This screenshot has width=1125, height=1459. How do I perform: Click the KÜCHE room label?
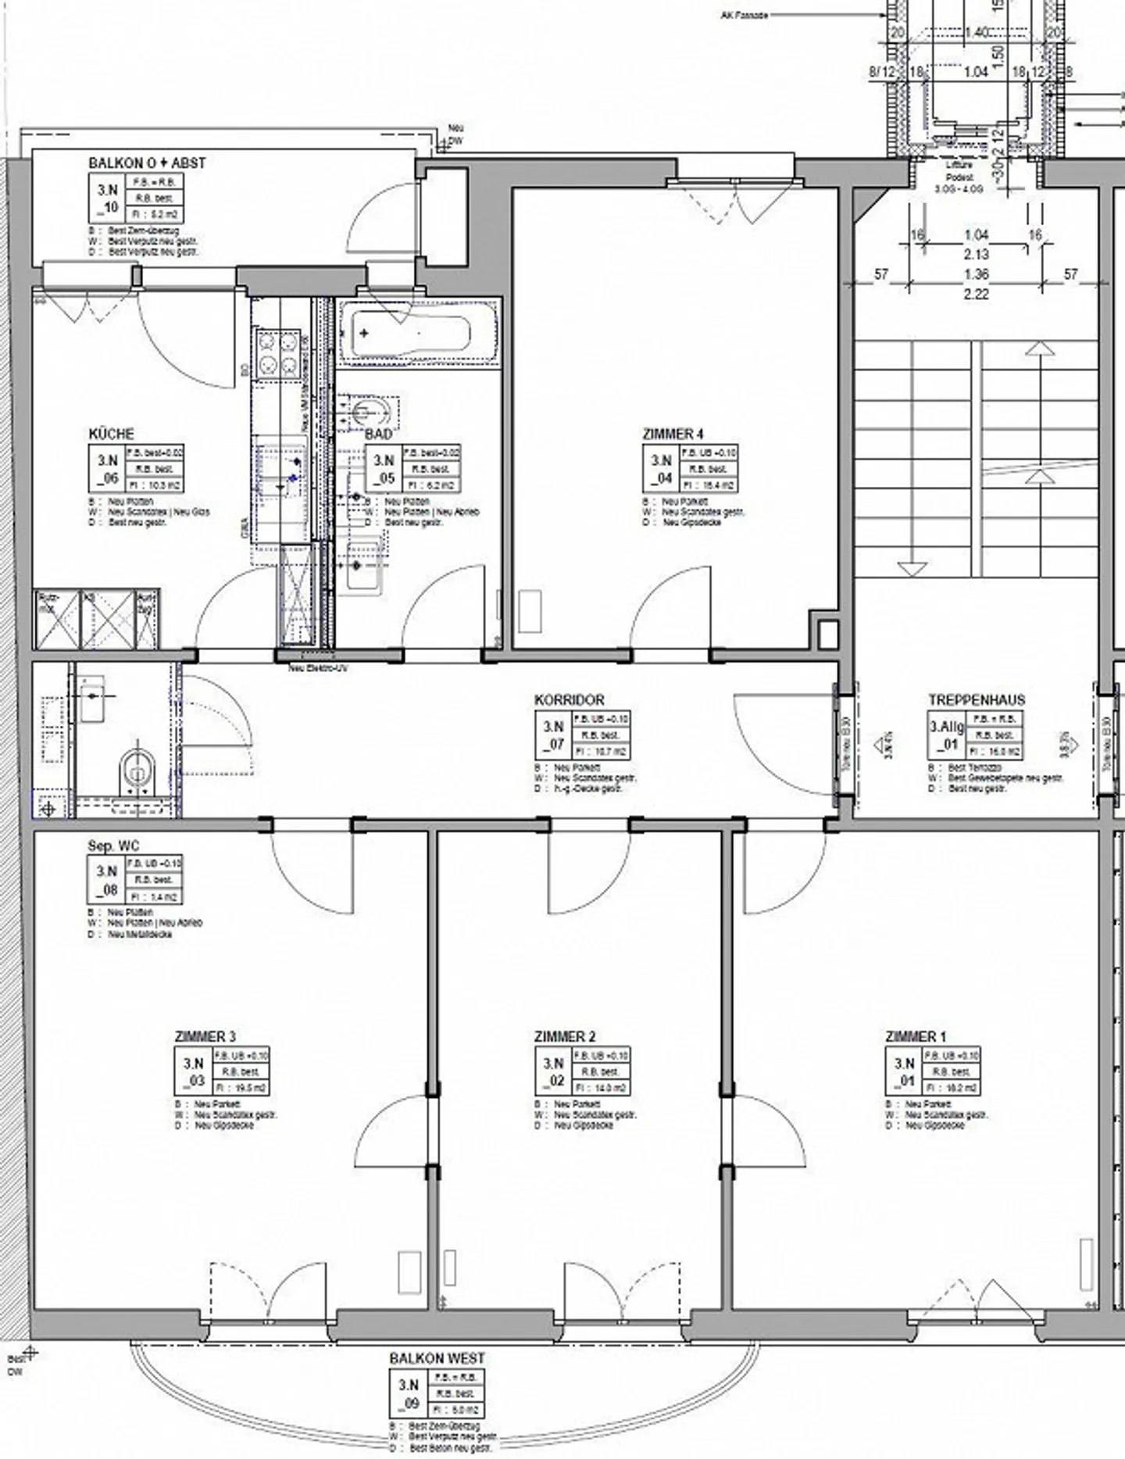[111, 434]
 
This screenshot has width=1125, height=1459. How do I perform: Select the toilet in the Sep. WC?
[138, 770]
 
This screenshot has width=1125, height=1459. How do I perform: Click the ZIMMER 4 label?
[673, 434]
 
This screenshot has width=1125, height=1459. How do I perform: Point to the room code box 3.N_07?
[553, 735]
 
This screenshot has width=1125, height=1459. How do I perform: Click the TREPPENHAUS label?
[976, 700]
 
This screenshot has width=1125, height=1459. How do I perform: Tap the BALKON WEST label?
[437, 1358]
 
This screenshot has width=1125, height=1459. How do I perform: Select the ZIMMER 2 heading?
[564, 1036]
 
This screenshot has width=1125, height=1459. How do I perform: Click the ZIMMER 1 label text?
[915, 1036]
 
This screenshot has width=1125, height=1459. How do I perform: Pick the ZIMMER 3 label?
[205, 1036]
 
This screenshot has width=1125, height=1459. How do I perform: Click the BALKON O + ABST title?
[147, 163]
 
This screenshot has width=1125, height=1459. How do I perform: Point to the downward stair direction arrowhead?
[912, 568]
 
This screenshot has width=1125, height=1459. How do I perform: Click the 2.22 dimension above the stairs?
[976, 295]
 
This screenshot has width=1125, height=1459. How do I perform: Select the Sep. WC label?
[113, 846]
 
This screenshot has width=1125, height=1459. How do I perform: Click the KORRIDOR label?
[569, 700]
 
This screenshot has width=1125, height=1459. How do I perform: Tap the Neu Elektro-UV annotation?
[318, 669]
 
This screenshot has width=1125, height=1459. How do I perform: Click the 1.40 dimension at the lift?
[976, 32]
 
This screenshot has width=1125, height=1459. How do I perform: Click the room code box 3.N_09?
[409, 1393]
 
